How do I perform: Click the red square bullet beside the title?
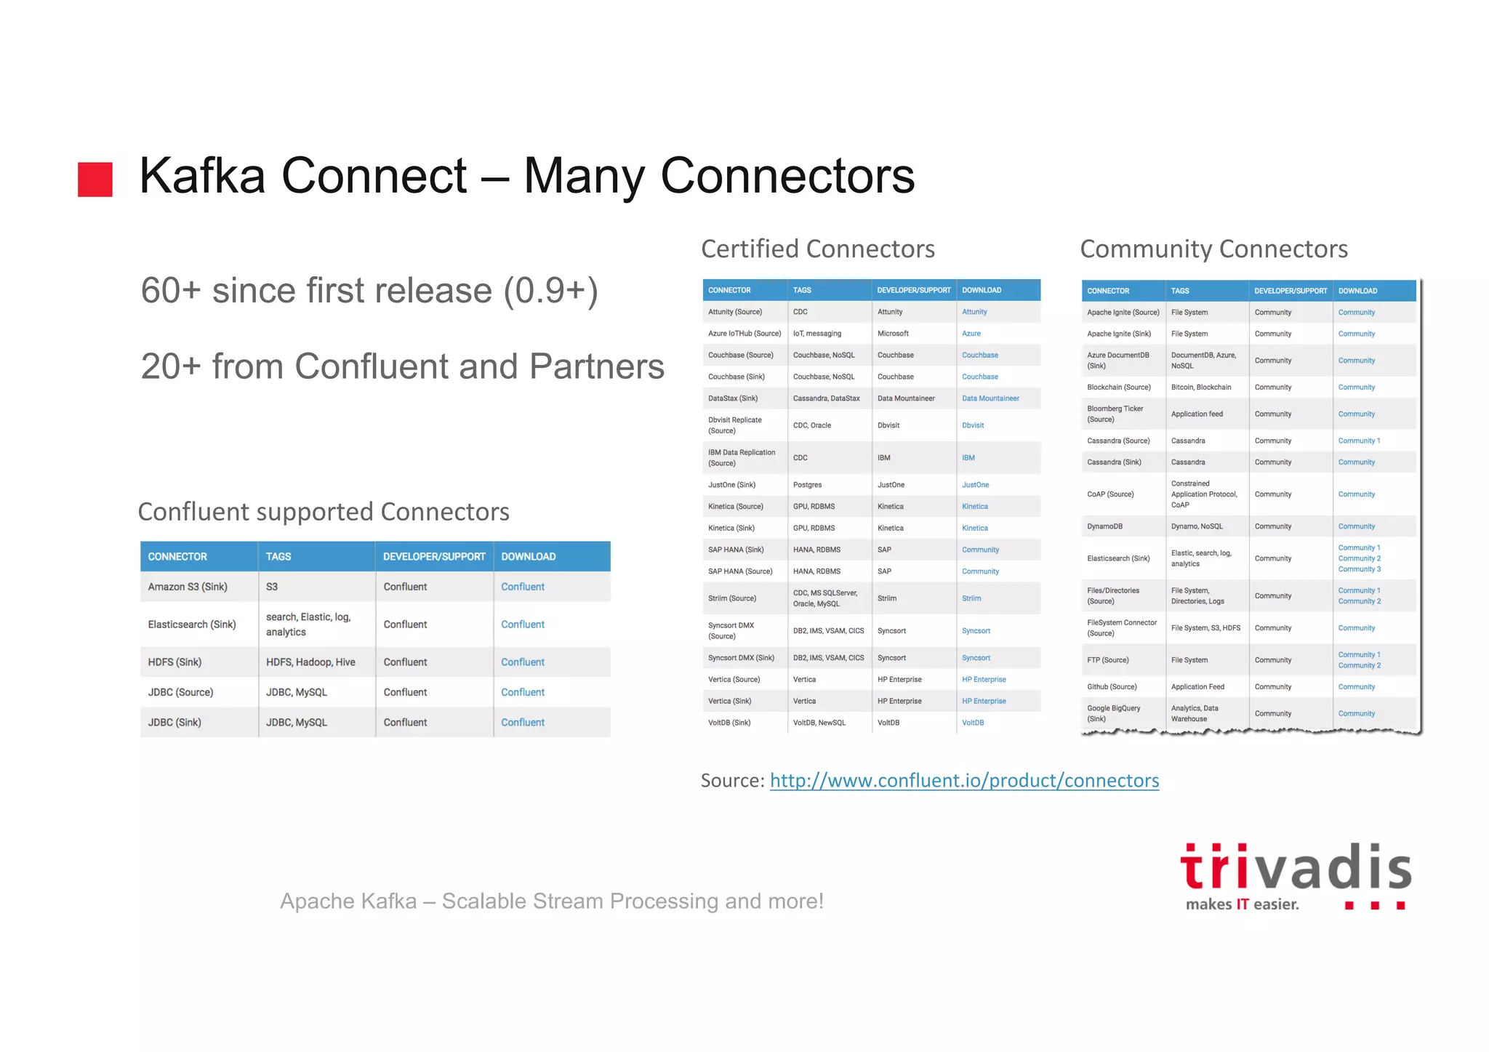(95, 180)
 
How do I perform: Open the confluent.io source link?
(964, 780)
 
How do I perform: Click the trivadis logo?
(1295, 875)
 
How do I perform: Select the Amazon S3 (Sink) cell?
(188, 587)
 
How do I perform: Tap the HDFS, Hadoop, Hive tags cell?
(310, 662)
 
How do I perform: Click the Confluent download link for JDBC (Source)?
(522, 692)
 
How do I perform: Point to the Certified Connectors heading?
(817, 249)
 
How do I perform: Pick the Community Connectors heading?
(1213, 249)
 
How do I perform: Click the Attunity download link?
(974, 312)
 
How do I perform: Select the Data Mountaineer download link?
(990, 398)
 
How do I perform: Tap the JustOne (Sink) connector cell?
(731, 485)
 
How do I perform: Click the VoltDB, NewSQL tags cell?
(819, 723)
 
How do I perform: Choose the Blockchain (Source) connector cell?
(1118, 388)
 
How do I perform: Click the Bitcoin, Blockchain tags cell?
(1201, 388)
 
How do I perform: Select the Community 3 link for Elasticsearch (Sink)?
(1359, 569)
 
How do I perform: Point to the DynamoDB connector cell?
(1104, 526)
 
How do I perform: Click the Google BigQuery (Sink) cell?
(1113, 713)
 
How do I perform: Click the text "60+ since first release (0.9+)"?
(369, 291)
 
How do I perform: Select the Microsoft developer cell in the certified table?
(893, 334)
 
